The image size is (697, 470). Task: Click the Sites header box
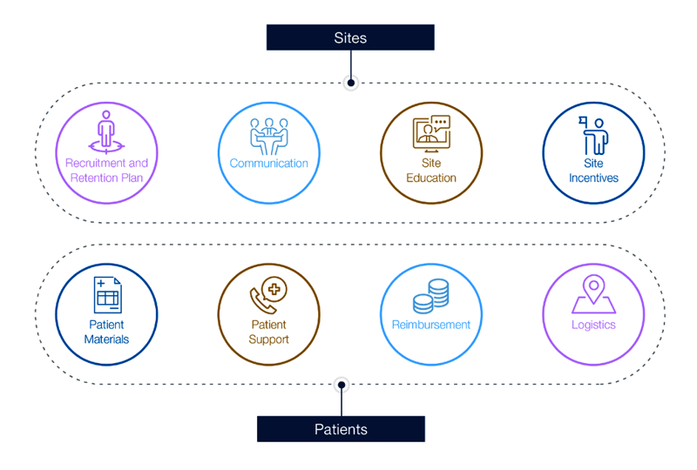tap(349, 37)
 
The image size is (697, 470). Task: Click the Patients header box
tap(341, 429)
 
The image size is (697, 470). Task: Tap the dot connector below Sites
tap(350, 84)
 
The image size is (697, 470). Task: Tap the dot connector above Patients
tap(342, 384)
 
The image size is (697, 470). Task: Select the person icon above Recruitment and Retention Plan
tap(106, 131)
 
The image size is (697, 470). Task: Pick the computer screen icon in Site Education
tap(430, 133)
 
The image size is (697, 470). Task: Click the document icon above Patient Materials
tap(106, 296)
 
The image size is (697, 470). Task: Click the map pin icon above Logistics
tap(593, 294)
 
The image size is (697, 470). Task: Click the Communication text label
tap(268, 164)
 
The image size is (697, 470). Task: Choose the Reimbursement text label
tap(430, 325)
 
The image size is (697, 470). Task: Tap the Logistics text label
tap(593, 325)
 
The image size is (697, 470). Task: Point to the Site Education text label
tap(430, 171)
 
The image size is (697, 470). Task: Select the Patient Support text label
tap(268, 332)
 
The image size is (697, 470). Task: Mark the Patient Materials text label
tap(106, 332)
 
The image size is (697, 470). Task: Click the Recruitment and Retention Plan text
tap(106, 171)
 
